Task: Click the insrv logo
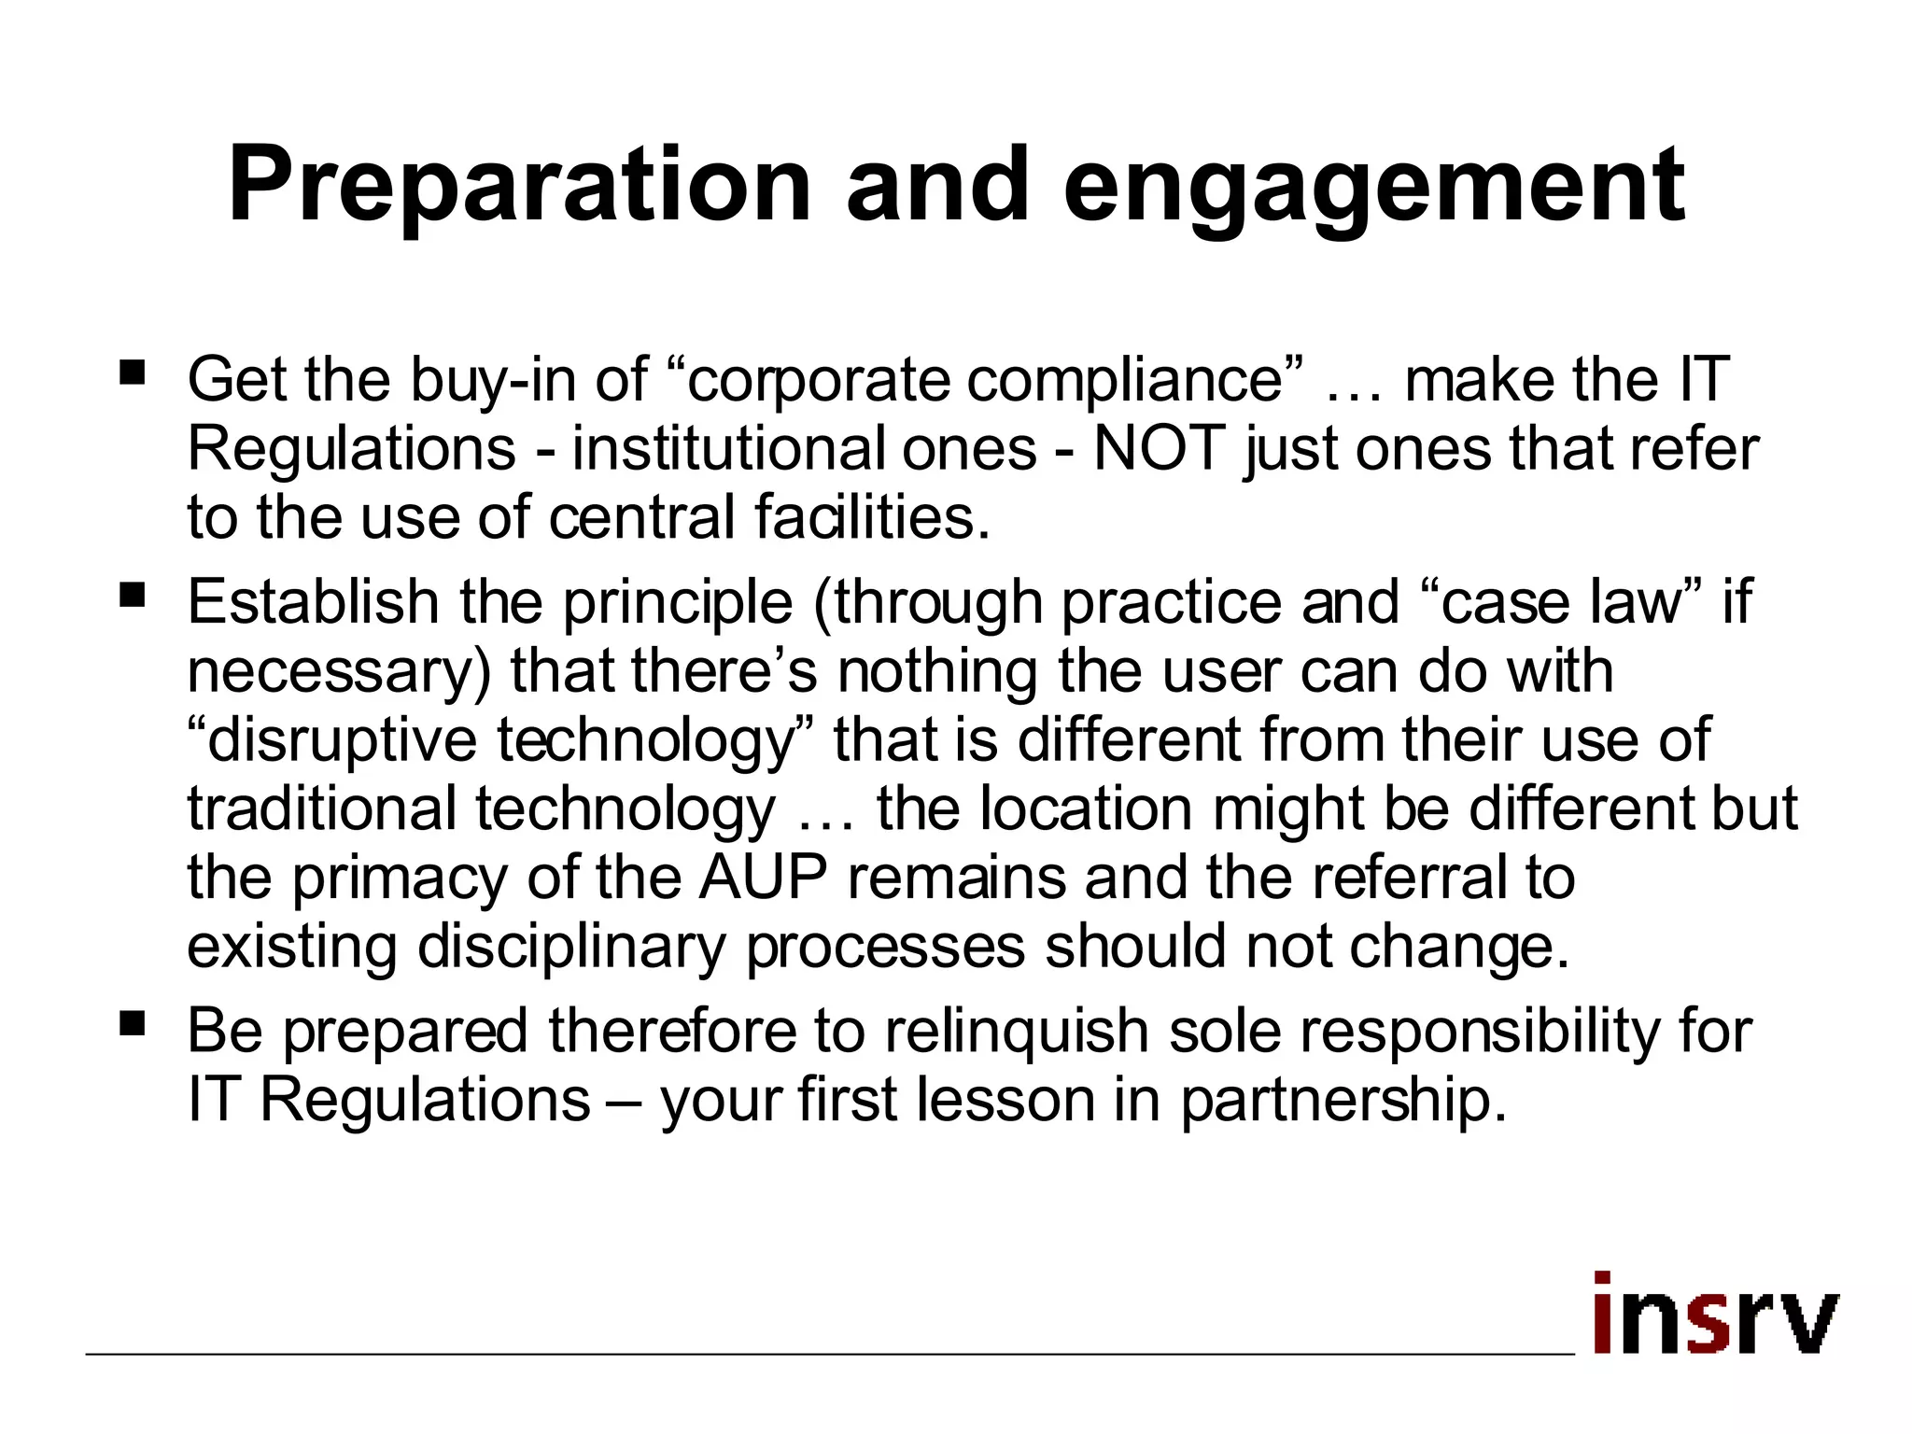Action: click(x=1714, y=1314)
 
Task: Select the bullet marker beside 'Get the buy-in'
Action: click(x=133, y=373)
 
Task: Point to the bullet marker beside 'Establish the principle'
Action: click(x=133, y=595)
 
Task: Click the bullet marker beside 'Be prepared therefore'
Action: click(x=133, y=1024)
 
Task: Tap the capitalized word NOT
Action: click(x=1159, y=448)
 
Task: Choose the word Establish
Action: click(x=313, y=601)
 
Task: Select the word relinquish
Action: click(x=1017, y=1031)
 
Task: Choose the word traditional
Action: click(x=321, y=808)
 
